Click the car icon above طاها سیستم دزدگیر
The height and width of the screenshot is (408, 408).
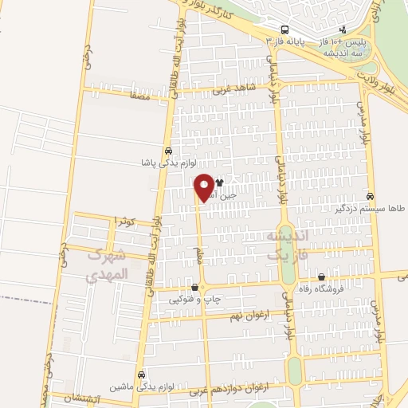(369, 195)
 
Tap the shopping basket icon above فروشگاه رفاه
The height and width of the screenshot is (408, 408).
(321, 277)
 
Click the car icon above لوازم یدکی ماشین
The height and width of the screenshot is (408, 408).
(141, 375)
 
